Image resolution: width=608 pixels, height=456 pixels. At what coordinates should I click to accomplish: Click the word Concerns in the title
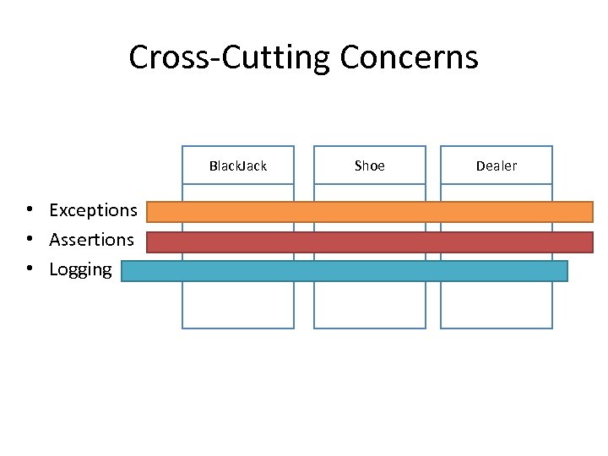coord(409,57)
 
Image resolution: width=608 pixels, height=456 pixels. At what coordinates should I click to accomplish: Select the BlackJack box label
coord(238,166)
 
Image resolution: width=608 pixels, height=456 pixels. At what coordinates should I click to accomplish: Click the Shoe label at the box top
coord(370,166)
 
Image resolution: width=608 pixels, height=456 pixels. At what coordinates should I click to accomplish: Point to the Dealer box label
coord(497,166)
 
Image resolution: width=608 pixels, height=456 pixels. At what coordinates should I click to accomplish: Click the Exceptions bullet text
coord(93,209)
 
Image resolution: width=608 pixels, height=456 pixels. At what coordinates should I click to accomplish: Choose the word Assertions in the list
coord(91,240)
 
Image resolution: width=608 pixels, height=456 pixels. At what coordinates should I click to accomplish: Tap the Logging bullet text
coord(80,269)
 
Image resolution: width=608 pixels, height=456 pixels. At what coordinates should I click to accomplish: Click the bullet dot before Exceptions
coord(29,209)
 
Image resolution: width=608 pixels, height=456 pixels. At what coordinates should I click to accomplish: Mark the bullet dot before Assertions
coord(29,240)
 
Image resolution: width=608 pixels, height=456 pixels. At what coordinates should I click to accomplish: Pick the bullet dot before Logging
coord(29,269)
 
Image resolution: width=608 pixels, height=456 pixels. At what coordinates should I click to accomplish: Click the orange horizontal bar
coord(370,211)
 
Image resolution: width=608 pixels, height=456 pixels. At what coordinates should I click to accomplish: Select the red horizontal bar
coord(370,242)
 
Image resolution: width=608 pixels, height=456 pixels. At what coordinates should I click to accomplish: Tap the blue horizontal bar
coord(345,271)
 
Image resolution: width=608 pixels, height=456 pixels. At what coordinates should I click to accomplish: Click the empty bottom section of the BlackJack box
coord(238,305)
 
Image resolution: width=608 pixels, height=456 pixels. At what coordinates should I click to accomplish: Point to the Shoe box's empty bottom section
coord(370,305)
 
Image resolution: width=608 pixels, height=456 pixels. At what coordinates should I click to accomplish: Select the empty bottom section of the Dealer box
coord(497,305)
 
